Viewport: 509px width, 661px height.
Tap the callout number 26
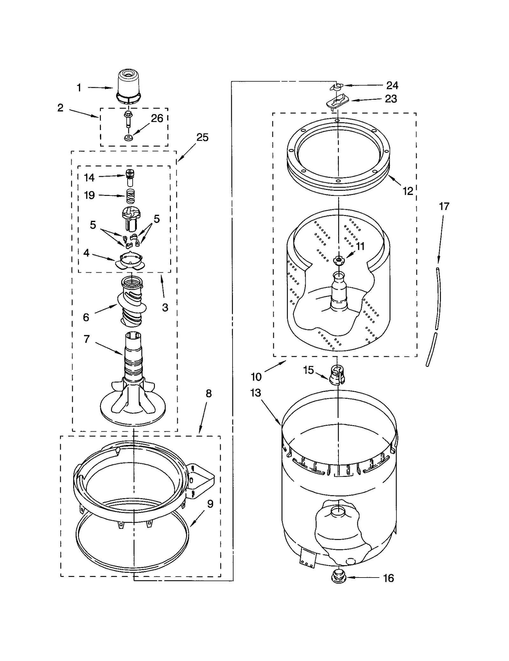point(157,118)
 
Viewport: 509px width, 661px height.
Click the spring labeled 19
point(130,196)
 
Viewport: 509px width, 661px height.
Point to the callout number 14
point(89,177)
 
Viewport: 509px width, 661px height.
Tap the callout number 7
point(87,339)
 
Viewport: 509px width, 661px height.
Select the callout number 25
point(202,137)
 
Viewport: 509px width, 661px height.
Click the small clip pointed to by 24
point(336,87)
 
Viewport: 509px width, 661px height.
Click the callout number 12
point(408,191)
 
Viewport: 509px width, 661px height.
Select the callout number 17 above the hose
point(444,206)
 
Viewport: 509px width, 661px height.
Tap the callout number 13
point(255,393)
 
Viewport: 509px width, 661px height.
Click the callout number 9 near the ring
point(210,504)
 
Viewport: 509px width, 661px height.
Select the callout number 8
point(208,393)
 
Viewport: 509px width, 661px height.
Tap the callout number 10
point(256,377)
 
